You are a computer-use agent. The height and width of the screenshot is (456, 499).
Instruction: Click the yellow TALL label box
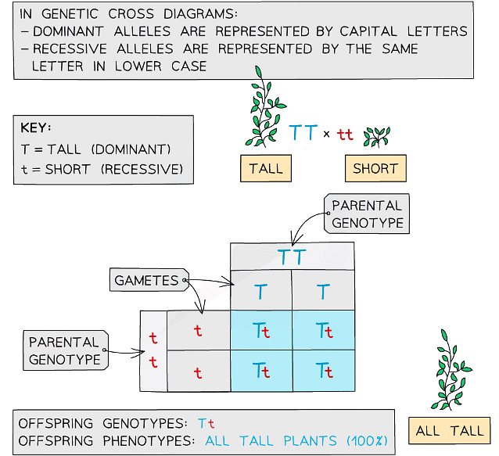[x=266, y=168]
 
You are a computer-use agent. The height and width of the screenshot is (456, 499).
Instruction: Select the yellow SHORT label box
[x=375, y=168]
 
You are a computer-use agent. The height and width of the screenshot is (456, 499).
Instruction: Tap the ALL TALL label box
[x=449, y=430]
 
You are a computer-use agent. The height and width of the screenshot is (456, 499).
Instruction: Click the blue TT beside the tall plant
[x=303, y=133]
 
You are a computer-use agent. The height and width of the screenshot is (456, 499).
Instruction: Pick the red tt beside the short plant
[x=345, y=135]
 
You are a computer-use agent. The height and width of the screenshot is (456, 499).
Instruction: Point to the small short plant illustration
[x=378, y=136]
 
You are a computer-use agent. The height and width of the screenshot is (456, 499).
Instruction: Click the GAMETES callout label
[x=147, y=280]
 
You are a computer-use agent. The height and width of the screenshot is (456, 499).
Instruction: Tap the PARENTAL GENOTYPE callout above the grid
[x=367, y=214]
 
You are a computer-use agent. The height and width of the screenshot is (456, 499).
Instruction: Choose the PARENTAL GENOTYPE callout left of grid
[x=64, y=350]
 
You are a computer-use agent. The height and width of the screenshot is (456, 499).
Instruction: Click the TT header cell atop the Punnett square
[x=292, y=257]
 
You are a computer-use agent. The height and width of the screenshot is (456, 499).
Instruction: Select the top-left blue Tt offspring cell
[x=261, y=331]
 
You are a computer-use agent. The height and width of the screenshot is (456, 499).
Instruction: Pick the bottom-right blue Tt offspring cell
[x=323, y=370]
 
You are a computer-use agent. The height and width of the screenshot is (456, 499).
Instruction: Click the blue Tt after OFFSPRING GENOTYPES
[x=206, y=423]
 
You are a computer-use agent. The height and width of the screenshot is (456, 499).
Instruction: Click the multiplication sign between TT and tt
[x=327, y=134]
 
